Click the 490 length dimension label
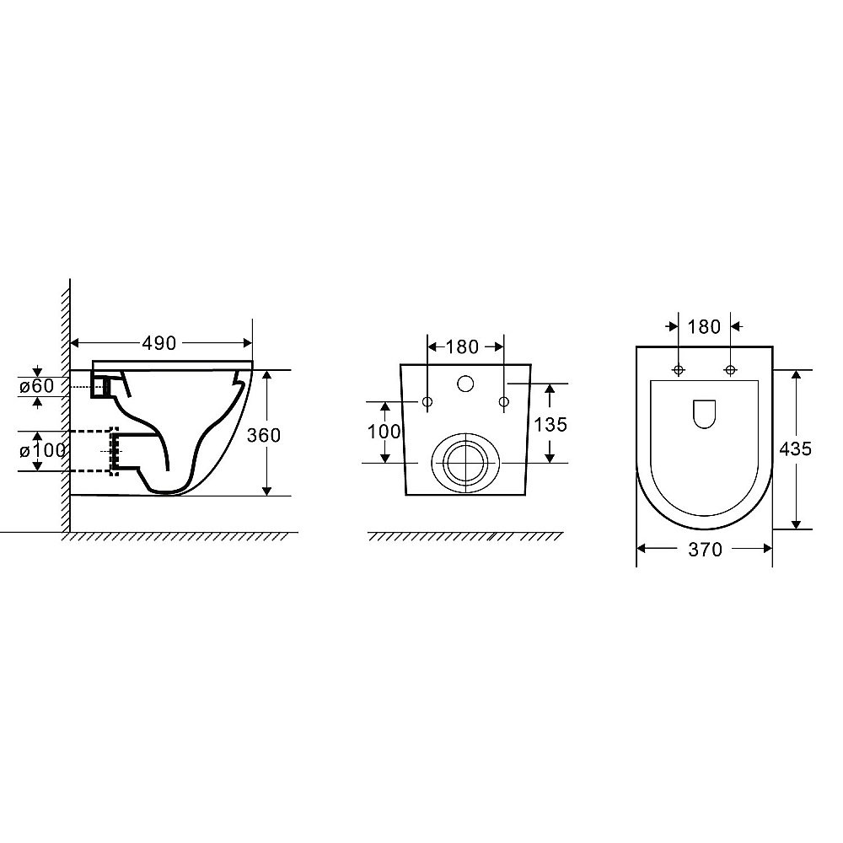pyautogui.click(x=159, y=343)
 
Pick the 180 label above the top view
pyautogui.click(x=705, y=326)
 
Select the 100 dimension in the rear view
pyautogui.click(x=384, y=431)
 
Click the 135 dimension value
pyautogui.click(x=550, y=423)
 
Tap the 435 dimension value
pyautogui.click(x=795, y=448)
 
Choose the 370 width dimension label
pyautogui.click(x=705, y=550)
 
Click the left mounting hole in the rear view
pyautogui.click(x=427, y=402)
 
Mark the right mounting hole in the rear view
pyautogui.click(x=503, y=402)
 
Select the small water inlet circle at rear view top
pyautogui.click(x=465, y=384)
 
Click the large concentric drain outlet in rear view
pyautogui.click(x=462, y=462)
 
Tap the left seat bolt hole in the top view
pyautogui.click(x=679, y=369)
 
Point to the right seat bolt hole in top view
pyautogui.click(x=730, y=369)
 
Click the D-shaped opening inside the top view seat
pyautogui.click(x=704, y=412)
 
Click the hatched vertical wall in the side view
pyautogui.click(x=63, y=405)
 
